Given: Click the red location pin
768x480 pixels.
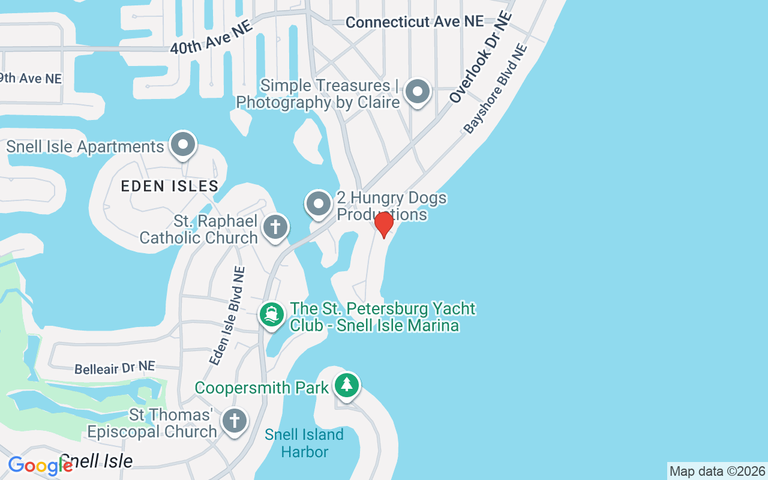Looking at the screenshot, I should pyautogui.click(x=383, y=224).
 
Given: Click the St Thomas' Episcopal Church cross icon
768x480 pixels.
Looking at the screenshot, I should pyautogui.click(x=234, y=421).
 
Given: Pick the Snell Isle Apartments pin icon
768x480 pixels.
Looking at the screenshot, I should pyautogui.click(x=183, y=145).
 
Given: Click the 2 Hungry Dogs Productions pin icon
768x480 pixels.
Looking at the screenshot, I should pyautogui.click(x=319, y=205).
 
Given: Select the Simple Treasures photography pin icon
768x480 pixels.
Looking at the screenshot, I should pyautogui.click(x=418, y=92).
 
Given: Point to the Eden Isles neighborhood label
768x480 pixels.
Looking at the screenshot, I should pyautogui.click(x=170, y=186).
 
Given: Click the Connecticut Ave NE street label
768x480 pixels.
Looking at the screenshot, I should pyautogui.click(x=415, y=22).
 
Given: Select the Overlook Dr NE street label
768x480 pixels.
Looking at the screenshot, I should pyautogui.click(x=482, y=57).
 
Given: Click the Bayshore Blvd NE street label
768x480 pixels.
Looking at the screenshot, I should pyautogui.click(x=496, y=89).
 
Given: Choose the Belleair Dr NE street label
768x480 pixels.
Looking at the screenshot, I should pyautogui.click(x=115, y=368).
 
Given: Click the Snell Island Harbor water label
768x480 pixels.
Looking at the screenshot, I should pyautogui.click(x=304, y=443).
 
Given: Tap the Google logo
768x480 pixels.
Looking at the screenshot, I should pyautogui.click(x=39, y=466).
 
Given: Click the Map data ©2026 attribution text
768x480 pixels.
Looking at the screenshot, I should pyautogui.click(x=717, y=472).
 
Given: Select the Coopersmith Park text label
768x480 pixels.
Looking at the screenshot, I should pyautogui.click(x=262, y=388).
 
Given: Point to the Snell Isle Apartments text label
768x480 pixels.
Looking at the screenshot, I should pyautogui.click(x=85, y=147).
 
